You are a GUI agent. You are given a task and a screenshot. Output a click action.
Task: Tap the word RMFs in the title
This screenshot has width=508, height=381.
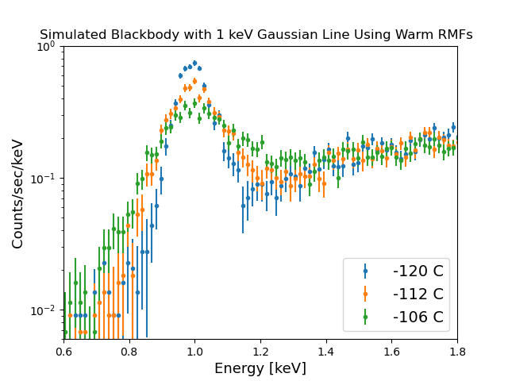[454, 35]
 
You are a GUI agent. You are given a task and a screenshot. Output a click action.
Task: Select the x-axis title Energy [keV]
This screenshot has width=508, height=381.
[260, 368]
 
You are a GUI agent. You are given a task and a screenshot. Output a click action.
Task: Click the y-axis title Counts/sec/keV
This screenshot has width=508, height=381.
[17, 193]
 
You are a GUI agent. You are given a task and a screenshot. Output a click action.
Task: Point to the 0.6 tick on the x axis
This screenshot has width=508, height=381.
[64, 349]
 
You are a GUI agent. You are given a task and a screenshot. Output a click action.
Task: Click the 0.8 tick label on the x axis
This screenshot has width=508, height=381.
[129, 349]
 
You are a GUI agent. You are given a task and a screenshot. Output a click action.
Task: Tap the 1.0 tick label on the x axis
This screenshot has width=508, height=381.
[195, 349]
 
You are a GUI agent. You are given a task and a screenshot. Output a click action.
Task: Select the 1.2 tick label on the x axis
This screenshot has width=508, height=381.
[260, 349]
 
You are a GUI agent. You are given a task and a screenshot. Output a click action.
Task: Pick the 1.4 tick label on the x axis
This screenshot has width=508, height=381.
[326, 349]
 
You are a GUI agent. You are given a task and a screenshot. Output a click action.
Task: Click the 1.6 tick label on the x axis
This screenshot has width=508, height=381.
[391, 349]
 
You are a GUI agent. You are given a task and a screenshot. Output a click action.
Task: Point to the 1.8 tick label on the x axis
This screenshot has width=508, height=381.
[457, 349]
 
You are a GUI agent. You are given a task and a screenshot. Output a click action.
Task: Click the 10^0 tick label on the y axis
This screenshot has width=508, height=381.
[46, 46]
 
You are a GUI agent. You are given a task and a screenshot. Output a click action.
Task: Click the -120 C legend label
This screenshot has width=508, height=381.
[418, 271]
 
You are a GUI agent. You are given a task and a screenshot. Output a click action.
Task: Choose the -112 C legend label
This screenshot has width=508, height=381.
[418, 294]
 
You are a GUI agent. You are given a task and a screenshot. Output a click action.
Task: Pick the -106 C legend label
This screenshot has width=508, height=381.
[418, 318]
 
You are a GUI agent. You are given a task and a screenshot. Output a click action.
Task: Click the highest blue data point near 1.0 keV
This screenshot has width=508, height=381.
[194, 63]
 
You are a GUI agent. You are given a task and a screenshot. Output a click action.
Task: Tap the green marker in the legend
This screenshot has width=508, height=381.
[365, 317]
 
